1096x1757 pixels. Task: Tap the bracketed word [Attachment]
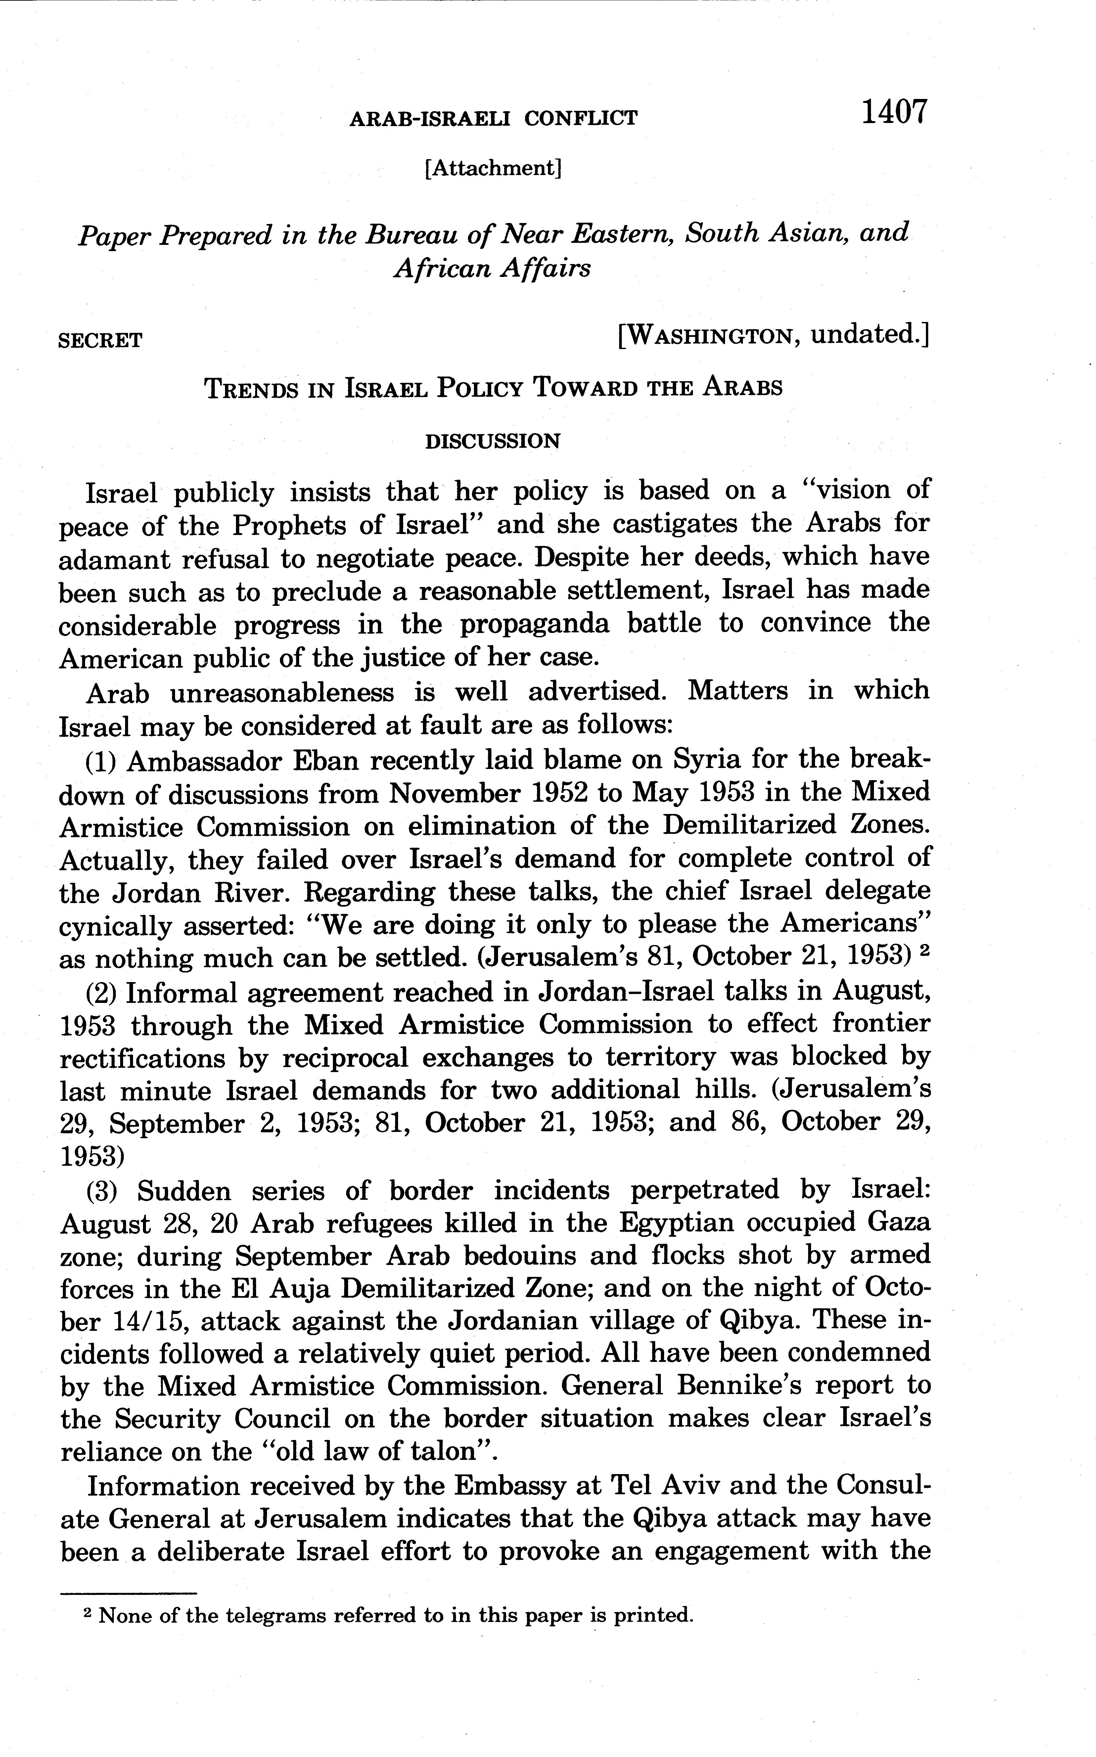click(x=494, y=168)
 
